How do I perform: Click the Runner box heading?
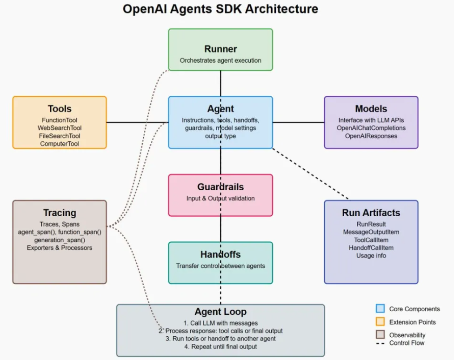(220, 49)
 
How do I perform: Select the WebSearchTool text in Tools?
(60, 128)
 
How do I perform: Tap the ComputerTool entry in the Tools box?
(60, 144)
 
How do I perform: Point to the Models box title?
(371, 109)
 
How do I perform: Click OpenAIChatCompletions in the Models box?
(371, 128)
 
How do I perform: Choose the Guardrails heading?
(220, 187)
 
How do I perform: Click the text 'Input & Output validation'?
(220, 199)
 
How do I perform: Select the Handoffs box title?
(220, 254)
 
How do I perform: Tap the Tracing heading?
(60, 213)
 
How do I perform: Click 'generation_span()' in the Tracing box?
(60, 240)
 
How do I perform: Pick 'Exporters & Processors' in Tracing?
(60, 247)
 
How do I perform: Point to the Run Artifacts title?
(371, 213)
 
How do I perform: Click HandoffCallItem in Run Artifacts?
(371, 247)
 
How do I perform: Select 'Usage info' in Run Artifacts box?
(371, 255)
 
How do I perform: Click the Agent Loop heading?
(220, 312)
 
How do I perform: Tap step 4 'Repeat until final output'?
(220, 347)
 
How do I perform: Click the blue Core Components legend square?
(380, 308)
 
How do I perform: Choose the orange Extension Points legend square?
(380, 321)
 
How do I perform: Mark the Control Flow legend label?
(407, 343)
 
